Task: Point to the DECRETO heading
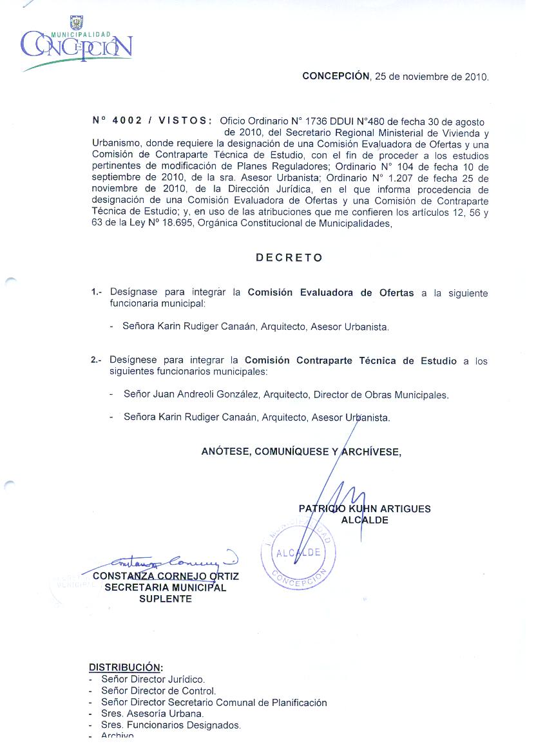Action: click(289, 258)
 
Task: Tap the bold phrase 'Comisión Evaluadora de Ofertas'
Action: click(330, 292)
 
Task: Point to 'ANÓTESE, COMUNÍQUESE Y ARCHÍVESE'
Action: click(301, 452)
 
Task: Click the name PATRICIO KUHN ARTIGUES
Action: click(365, 509)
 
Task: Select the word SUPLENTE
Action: click(166, 598)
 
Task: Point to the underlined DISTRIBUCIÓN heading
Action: click(125, 667)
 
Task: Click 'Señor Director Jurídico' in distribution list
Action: click(153, 679)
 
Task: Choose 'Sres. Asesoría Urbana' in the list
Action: click(152, 714)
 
